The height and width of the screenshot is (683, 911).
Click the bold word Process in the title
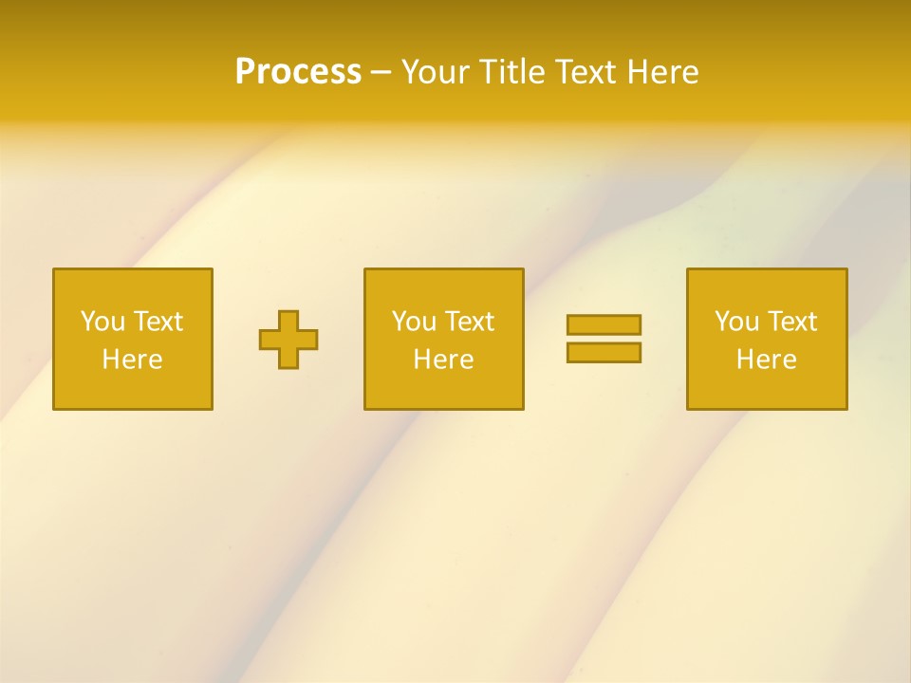[298, 72]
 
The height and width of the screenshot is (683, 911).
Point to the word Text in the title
[587, 72]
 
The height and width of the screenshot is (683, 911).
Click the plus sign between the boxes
[288, 340]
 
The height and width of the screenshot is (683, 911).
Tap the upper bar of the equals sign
[604, 324]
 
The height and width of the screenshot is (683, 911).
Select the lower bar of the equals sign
[604, 353]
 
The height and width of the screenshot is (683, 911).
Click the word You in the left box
[102, 322]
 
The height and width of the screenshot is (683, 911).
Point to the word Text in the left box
[158, 322]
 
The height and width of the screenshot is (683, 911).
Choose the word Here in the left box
[132, 360]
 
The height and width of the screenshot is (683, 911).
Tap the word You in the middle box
[414, 322]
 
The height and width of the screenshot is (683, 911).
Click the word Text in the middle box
[469, 322]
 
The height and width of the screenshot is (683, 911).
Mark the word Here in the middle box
[443, 360]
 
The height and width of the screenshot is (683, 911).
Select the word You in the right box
[736, 322]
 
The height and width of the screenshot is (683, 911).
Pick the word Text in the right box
[791, 322]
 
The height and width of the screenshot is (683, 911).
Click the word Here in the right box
[766, 360]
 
